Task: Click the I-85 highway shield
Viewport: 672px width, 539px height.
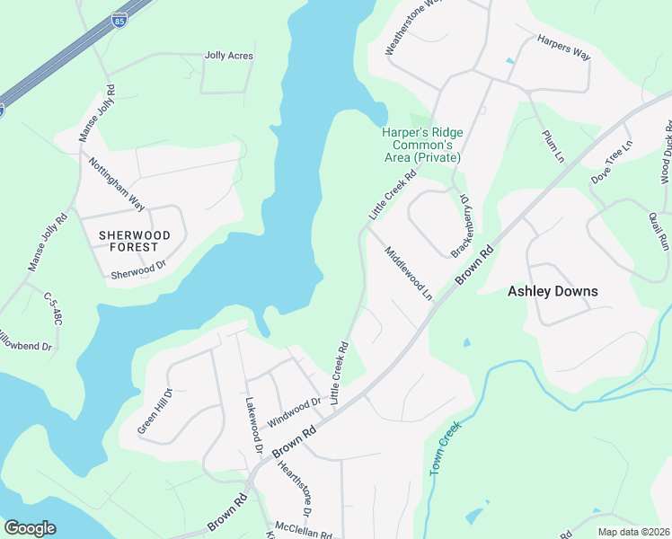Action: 119,19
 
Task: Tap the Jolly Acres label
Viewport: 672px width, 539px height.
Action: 228,56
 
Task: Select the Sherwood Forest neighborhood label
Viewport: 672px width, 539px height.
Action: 135,240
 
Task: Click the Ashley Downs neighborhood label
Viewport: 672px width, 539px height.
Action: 553,291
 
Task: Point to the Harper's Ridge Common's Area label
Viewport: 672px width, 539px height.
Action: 421,144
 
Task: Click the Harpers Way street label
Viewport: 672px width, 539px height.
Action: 563,48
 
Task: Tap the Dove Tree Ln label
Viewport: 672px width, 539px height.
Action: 612,163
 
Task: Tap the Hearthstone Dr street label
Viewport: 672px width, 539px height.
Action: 294,488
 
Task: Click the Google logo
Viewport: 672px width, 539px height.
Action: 30,528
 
